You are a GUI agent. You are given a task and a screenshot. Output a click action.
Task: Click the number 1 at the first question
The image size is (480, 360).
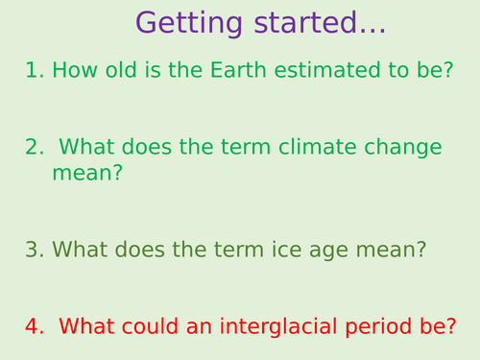(x=32, y=70)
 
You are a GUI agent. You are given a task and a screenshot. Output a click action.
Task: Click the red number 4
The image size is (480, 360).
(x=32, y=326)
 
